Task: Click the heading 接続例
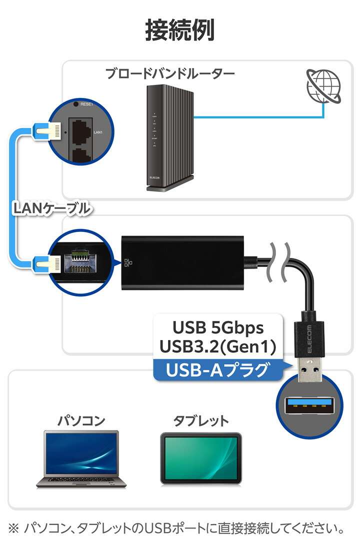pos(180,30)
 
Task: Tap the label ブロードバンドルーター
pos(169,74)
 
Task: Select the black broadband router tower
pos(169,137)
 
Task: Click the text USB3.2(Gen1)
pos(217,346)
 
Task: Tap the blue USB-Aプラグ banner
pos(217,370)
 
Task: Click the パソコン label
pos(81,420)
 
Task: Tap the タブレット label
pos(201,420)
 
